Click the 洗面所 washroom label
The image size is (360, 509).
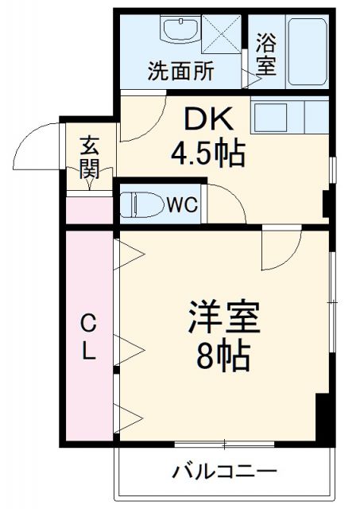(x=180, y=72)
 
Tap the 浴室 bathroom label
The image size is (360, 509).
(x=265, y=52)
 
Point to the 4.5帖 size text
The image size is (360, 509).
(x=207, y=151)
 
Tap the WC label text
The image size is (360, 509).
(x=182, y=204)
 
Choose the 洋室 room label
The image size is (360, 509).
(x=223, y=319)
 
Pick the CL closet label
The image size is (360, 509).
(x=89, y=336)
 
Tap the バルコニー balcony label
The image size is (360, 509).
(x=225, y=471)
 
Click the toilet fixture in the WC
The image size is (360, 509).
(x=141, y=204)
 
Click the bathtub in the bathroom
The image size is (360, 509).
(x=307, y=52)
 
